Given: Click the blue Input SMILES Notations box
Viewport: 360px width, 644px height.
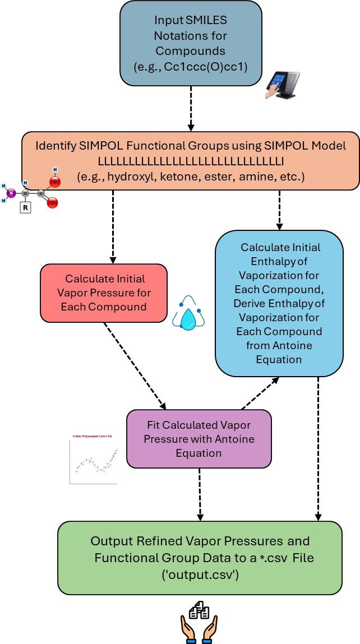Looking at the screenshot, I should pos(191,43).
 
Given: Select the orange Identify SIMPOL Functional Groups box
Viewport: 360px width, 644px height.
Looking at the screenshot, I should pos(191,161).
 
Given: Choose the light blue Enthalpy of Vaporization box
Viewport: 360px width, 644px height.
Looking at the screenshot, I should pos(279,303).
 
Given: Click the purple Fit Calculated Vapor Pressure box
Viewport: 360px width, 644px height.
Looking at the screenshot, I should pos(199,438).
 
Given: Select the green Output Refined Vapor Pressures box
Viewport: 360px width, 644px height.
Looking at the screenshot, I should pos(200,557).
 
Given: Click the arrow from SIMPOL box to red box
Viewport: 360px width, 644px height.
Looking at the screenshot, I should pos(113,226).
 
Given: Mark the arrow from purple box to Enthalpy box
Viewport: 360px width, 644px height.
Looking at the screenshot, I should pos(260,393).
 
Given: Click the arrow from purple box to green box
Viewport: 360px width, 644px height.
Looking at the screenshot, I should pos(200,494).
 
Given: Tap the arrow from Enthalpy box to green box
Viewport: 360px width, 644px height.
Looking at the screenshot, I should pos(319,448).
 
